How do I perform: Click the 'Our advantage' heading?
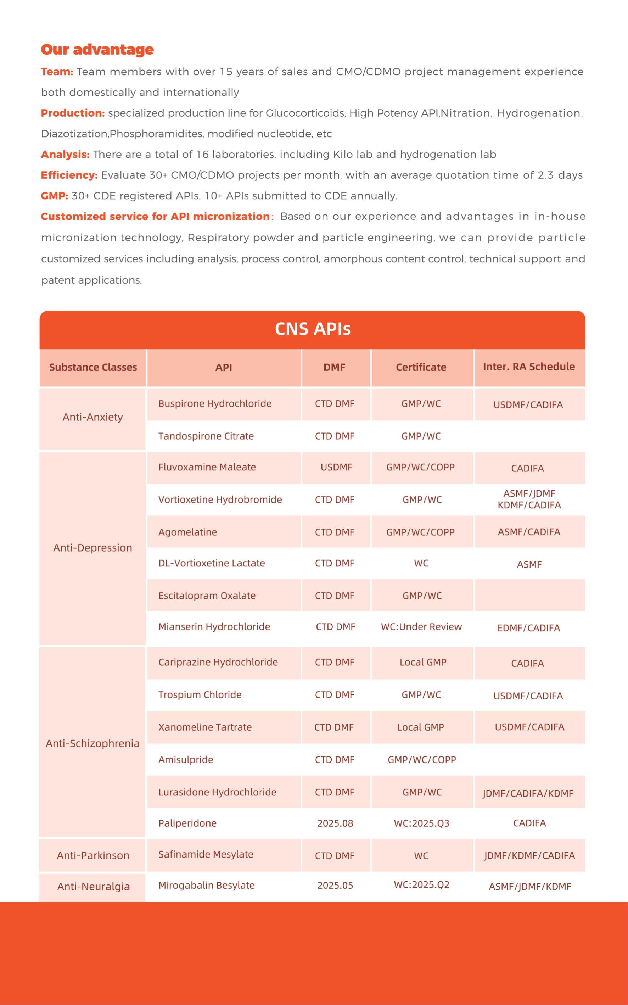point(97,49)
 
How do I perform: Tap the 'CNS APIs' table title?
point(312,329)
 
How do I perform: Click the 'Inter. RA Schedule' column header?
point(529,367)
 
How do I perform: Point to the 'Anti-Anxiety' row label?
point(92,417)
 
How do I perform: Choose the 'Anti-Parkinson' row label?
point(93,855)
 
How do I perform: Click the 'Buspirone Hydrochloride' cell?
point(215,403)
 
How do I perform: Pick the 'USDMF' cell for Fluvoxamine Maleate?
point(336,467)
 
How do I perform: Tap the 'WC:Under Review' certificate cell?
point(421,626)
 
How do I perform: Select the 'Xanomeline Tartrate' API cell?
point(205,727)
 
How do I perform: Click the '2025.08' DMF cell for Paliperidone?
point(335,823)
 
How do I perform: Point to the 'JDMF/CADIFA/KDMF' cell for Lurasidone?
point(528,793)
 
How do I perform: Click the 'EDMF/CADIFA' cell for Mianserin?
point(528,628)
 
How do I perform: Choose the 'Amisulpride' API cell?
point(186,759)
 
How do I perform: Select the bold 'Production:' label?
point(73,113)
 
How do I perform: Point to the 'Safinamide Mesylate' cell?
point(206,854)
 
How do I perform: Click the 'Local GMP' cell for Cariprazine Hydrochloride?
point(423,662)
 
